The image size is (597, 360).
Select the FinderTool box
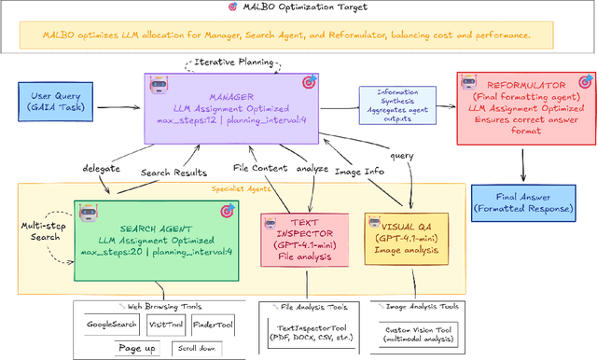(x=214, y=324)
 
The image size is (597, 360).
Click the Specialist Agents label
(x=242, y=189)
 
